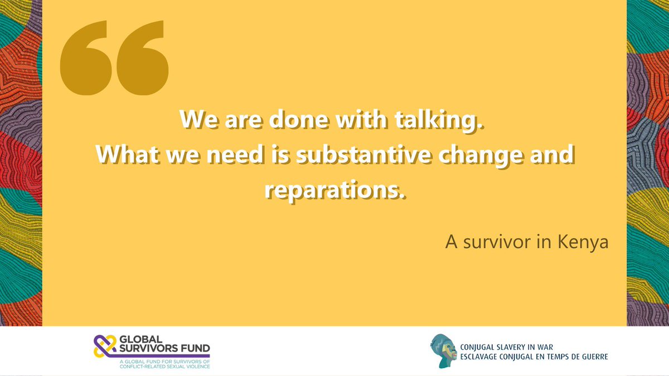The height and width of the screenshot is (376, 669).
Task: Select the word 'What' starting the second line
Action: pos(123,154)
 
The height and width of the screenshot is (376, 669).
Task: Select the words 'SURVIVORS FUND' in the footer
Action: pos(165,350)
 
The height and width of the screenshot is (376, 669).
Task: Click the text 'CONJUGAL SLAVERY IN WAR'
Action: pos(514,346)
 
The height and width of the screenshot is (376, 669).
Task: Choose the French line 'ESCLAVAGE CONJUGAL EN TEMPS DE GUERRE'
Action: pos(534,357)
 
